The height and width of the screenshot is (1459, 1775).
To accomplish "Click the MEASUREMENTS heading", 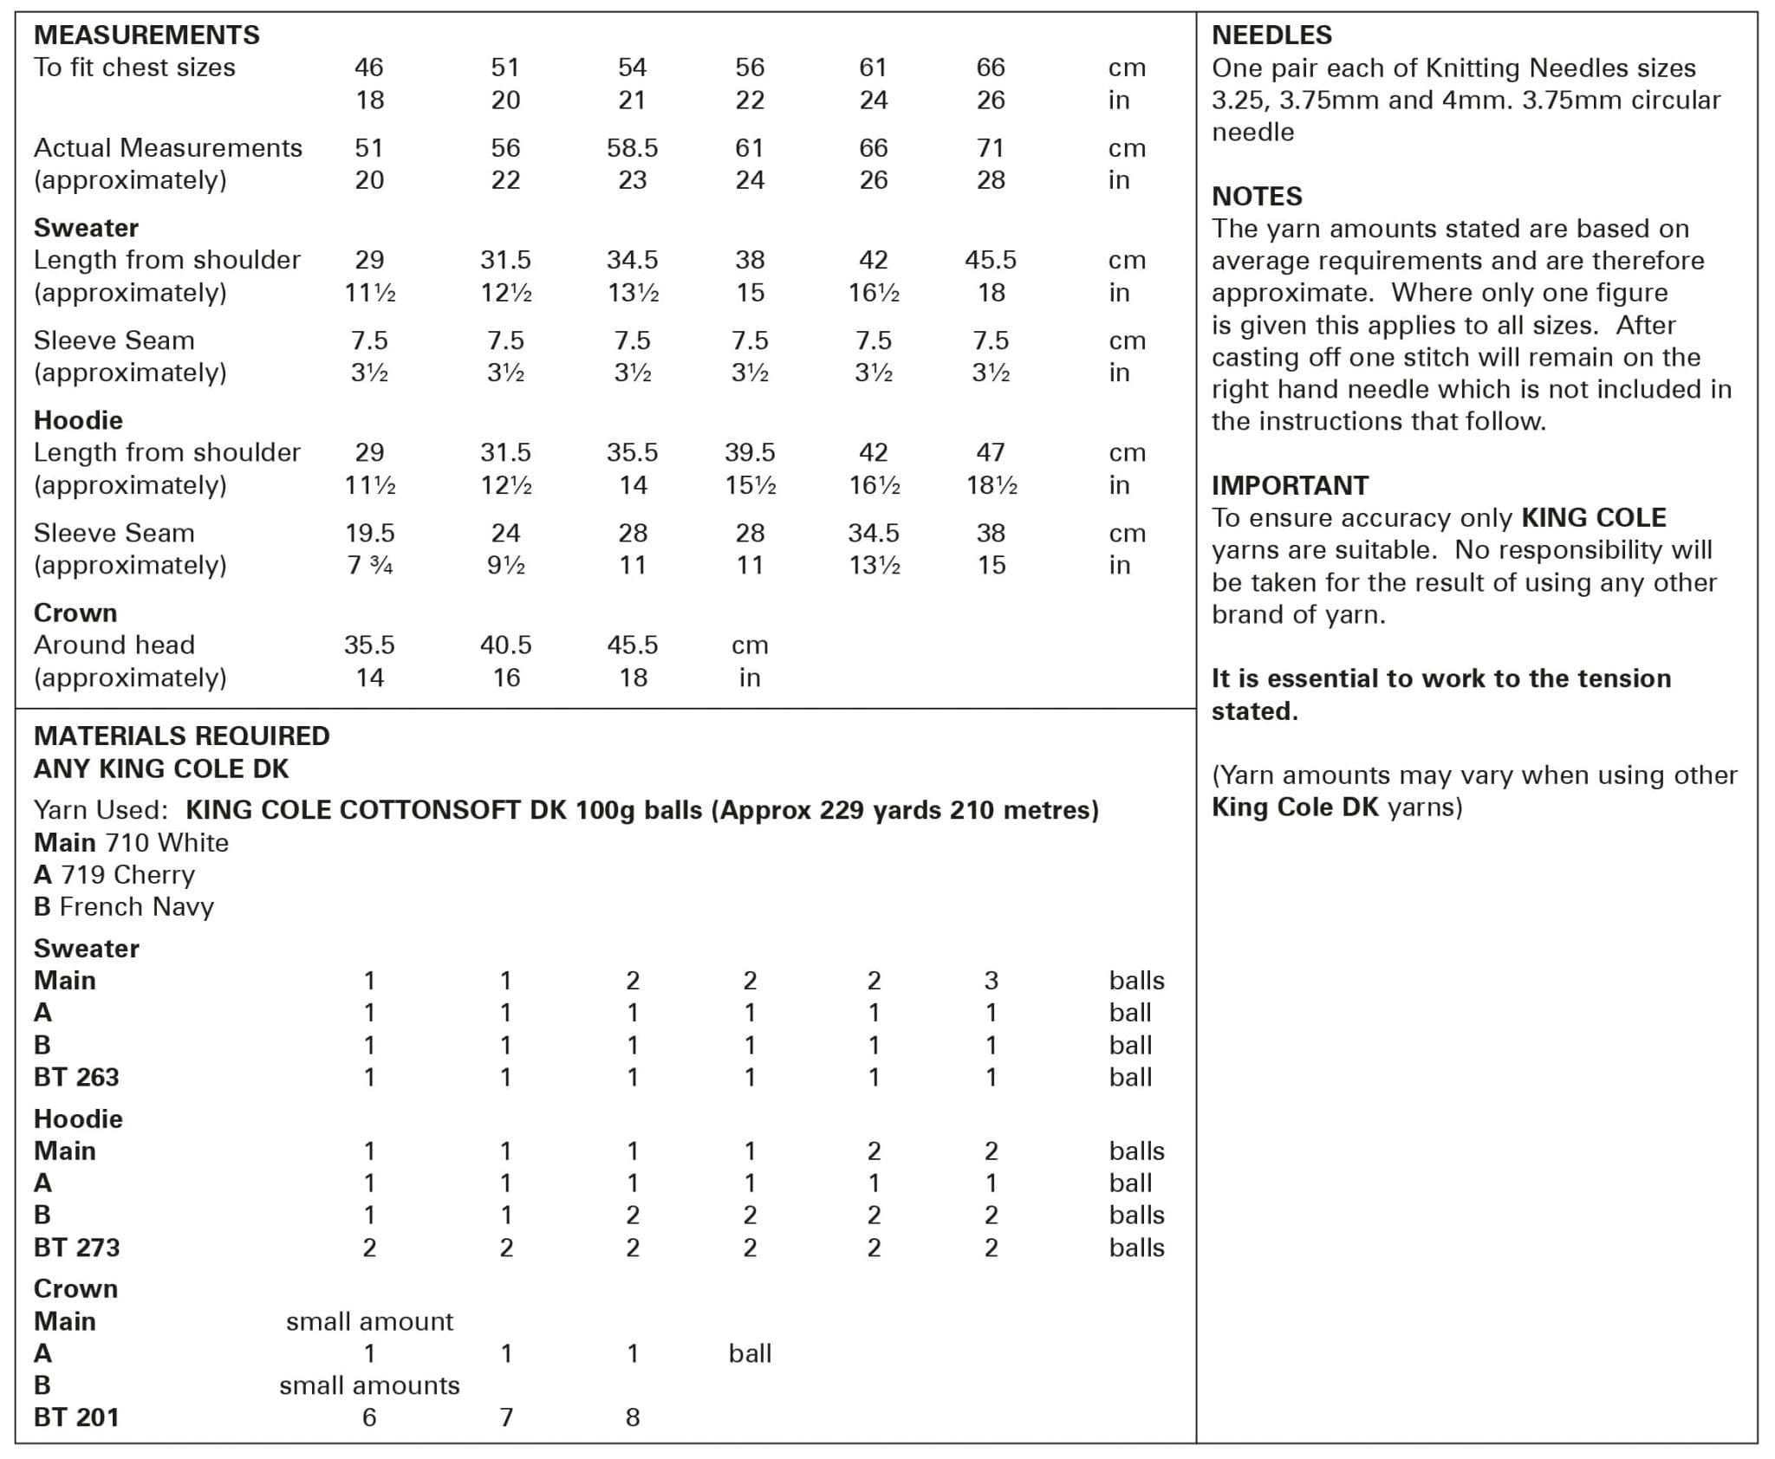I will point(146,35).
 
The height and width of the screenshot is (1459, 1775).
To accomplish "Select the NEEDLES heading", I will point(1271,35).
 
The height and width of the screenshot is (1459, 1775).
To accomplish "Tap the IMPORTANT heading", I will point(1290,485).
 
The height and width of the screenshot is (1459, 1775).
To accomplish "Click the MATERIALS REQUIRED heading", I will point(181,736).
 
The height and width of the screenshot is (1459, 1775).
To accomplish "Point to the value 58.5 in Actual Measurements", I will point(632,148).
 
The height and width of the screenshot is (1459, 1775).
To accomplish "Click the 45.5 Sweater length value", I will point(990,260).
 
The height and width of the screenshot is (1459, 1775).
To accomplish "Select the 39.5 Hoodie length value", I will point(750,452).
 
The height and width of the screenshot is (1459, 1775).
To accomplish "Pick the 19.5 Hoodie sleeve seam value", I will point(369,533).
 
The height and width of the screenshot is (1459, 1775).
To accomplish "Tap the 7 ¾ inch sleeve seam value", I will point(369,566).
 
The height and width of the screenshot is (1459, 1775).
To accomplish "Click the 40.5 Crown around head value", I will point(505,645).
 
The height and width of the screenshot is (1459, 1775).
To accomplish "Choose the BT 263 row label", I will point(76,1077).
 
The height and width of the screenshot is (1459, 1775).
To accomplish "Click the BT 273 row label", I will point(76,1248).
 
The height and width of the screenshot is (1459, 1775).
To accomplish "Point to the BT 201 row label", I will point(76,1417).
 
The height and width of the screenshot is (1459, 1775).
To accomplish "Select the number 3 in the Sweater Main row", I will point(991,981).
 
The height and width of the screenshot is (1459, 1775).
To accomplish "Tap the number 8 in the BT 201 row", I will point(633,1417).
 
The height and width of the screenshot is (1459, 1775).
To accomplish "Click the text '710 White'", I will point(166,843).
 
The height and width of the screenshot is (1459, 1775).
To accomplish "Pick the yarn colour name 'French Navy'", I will point(137,907).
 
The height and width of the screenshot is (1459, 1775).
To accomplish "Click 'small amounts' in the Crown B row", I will point(369,1385).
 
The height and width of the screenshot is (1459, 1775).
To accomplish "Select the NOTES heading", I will point(1257,196).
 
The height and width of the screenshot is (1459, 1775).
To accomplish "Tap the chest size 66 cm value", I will point(990,68).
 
